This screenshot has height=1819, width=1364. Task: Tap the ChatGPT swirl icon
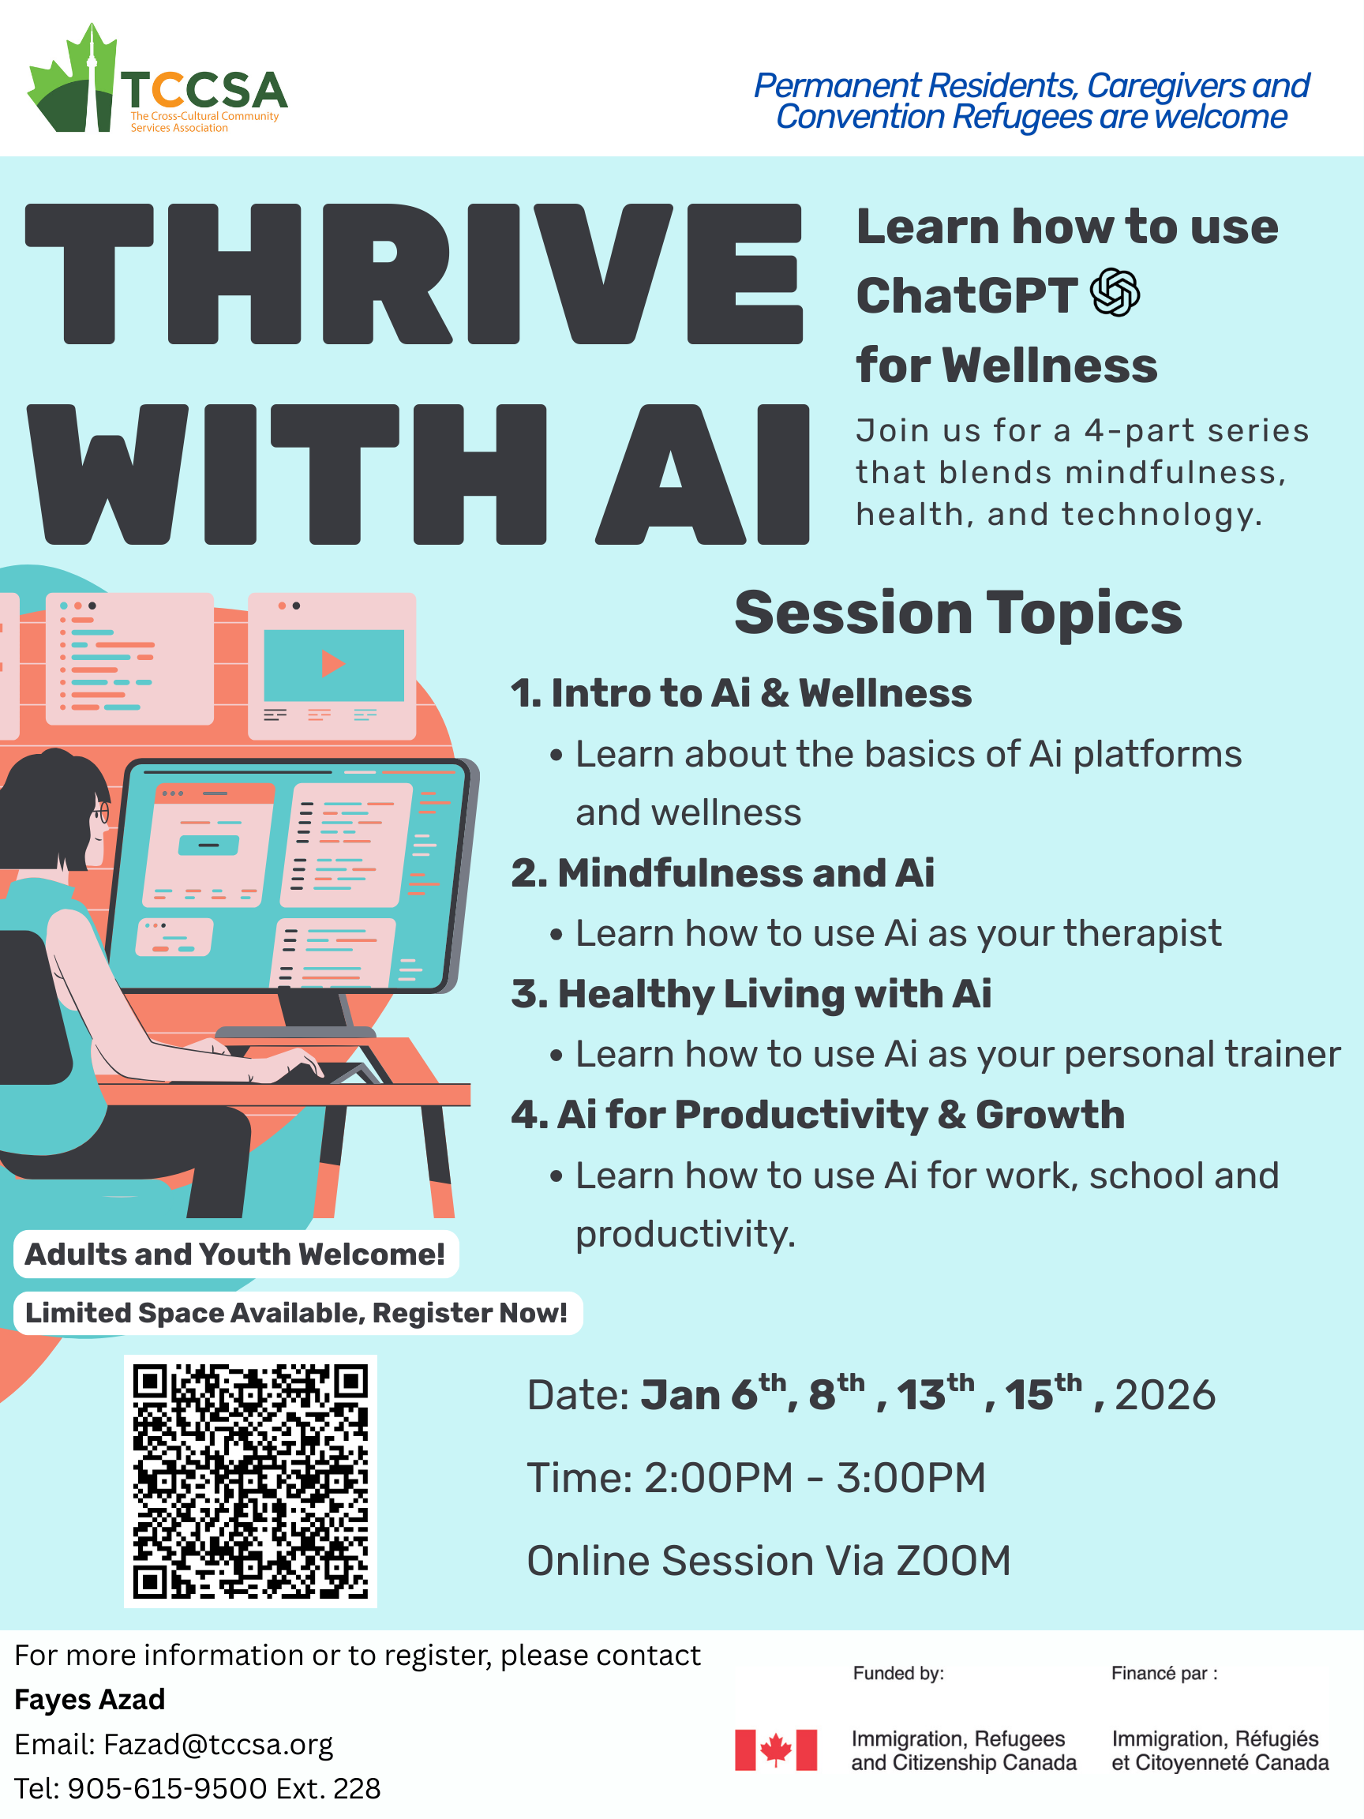[1115, 292]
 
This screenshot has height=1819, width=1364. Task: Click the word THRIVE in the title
[414, 274]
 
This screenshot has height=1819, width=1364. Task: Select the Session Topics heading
[957, 613]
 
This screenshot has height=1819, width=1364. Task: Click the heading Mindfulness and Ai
[723, 872]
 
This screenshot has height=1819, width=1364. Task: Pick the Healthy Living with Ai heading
[751, 994]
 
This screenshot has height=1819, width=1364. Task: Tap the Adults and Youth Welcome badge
[236, 1254]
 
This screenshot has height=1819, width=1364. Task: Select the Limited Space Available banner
[298, 1313]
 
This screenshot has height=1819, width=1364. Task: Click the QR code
[251, 1482]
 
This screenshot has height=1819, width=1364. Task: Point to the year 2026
[1165, 1397]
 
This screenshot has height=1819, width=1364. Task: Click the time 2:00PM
[718, 1478]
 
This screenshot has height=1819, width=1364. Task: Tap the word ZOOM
[954, 1561]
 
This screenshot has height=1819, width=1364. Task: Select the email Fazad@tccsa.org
[218, 1744]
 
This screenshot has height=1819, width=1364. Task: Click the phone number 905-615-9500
[167, 1788]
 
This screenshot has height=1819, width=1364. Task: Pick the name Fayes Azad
[90, 1700]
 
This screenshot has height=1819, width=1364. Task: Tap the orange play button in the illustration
[332, 663]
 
